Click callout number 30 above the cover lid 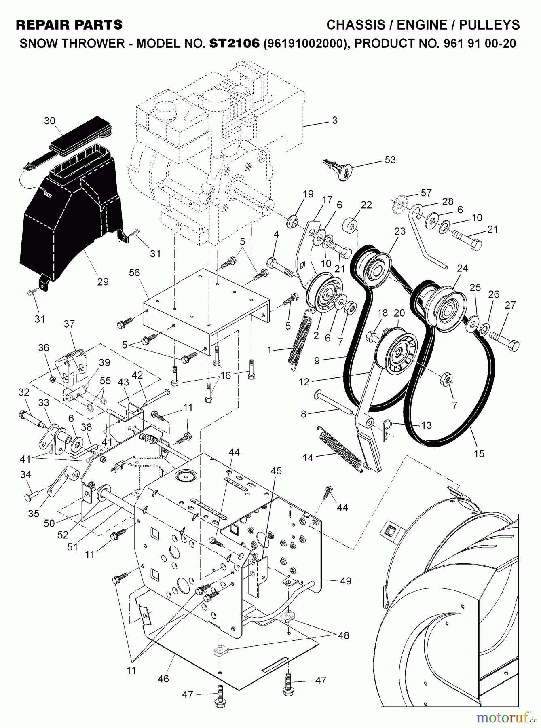coord(50,121)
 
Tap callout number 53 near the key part coord(390,159)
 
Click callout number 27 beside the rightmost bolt coord(510,305)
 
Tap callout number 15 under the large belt coord(479,453)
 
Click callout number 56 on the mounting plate coord(134,273)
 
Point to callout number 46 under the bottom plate coord(163,678)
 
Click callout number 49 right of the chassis coord(346,581)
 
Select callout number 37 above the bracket coord(69,324)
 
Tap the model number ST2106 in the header coord(234,43)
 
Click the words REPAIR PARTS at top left coord(69,25)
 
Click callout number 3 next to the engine coord(334,121)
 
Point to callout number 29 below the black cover coord(103,281)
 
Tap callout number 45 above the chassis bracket coord(277,471)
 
